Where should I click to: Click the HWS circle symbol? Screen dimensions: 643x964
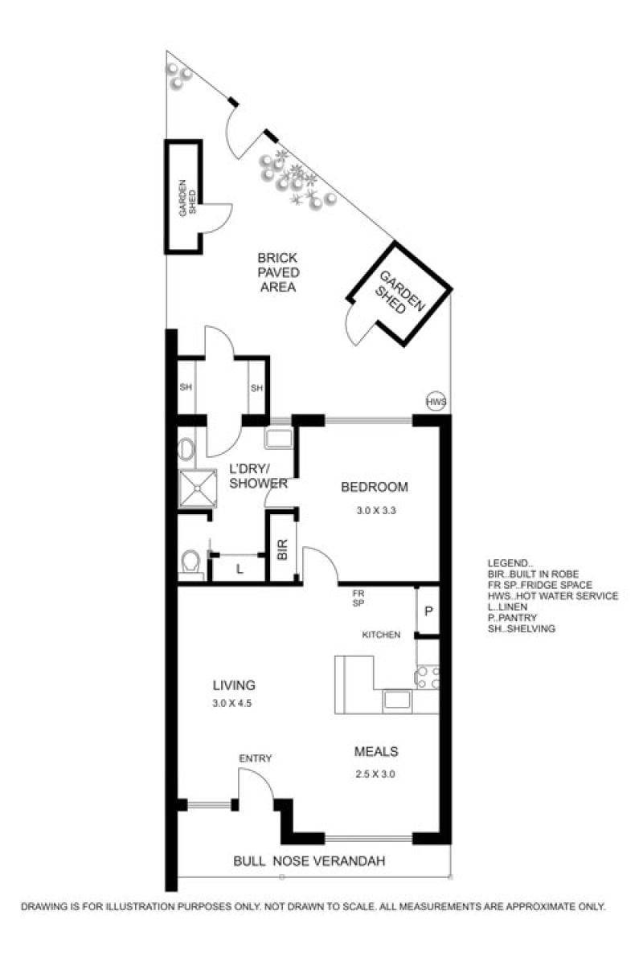pyautogui.click(x=436, y=402)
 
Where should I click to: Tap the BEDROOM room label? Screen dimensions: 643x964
pyautogui.click(x=375, y=487)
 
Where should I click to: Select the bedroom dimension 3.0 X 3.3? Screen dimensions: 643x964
pyautogui.click(x=376, y=511)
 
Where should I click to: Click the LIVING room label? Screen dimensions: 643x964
pyautogui.click(x=234, y=684)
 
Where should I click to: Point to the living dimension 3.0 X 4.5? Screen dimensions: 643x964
pyautogui.click(x=231, y=704)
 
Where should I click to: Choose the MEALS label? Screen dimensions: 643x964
pyautogui.click(x=376, y=751)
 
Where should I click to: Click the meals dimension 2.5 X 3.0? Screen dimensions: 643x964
pyautogui.click(x=375, y=774)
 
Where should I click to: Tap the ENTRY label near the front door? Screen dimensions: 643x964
pyautogui.click(x=256, y=758)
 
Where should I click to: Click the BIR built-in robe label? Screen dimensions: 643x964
pyautogui.click(x=283, y=549)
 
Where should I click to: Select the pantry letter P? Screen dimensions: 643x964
pyautogui.click(x=428, y=611)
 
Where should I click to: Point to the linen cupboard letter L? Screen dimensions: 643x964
pyautogui.click(x=240, y=570)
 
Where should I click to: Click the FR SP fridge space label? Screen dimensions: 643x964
pyautogui.click(x=358, y=598)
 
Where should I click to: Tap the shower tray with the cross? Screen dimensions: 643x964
pyautogui.click(x=198, y=488)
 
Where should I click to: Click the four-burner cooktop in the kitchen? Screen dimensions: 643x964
pyautogui.click(x=428, y=677)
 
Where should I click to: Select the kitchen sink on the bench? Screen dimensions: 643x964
pyautogui.click(x=397, y=700)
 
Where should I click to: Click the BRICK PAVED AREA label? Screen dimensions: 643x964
pyautogui.click(x=278, y=272)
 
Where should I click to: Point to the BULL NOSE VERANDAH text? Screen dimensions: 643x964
pyautogui.click(x=309, y=861)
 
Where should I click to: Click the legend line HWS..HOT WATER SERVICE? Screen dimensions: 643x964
pyautogui.click(x=552, y=596)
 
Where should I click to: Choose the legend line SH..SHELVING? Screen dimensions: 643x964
pyautogui.click(x=521, y=628)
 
